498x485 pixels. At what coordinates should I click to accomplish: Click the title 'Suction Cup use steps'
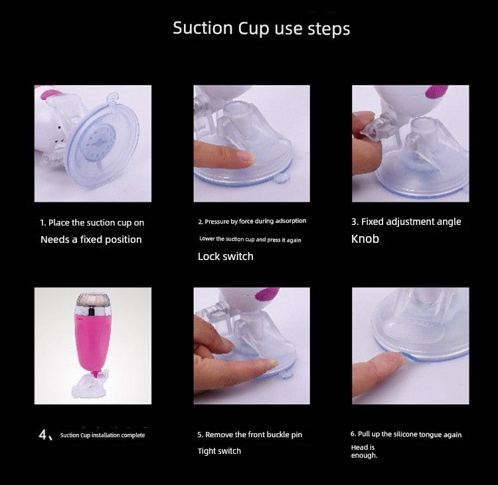pyautogui.click(x=261, y=29)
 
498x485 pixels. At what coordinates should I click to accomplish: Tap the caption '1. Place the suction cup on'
pyautogui.click(x=92, y=223)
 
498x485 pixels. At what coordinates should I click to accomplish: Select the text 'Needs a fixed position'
pyautogui.click(x=91, y=240)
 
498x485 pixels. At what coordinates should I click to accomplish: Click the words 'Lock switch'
pyautogui.click(x=225, y=256)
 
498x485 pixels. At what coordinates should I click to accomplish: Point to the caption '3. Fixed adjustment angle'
pyautogui.click(x=406, y=222)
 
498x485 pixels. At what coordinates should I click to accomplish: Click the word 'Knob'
pyautogui.click(x=365, y=239)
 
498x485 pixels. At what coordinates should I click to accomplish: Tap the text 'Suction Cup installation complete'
pyautogui.click(x=102, y=435)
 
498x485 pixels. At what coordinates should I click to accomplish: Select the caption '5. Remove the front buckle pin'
pyautogui.click(x=249, y=435)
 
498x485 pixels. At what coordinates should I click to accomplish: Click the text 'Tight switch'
pyautogui.click(x=219, y=451)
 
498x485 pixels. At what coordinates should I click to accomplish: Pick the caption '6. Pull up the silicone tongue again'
pyautogui.click(x=406, y=435)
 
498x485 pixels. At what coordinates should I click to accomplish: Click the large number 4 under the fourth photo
pyautogui.click(x=44, y=435)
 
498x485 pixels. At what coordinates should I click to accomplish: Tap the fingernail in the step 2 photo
pyautogui.click(x=246, y=157)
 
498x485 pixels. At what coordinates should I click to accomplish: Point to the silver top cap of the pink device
pyautogui.click(x=93, y=305)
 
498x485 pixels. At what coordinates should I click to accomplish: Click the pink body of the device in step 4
pyautogui.click(x=93, y=345)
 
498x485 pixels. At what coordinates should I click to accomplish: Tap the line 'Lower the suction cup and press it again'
pyautogui.click(x=250, y=239)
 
